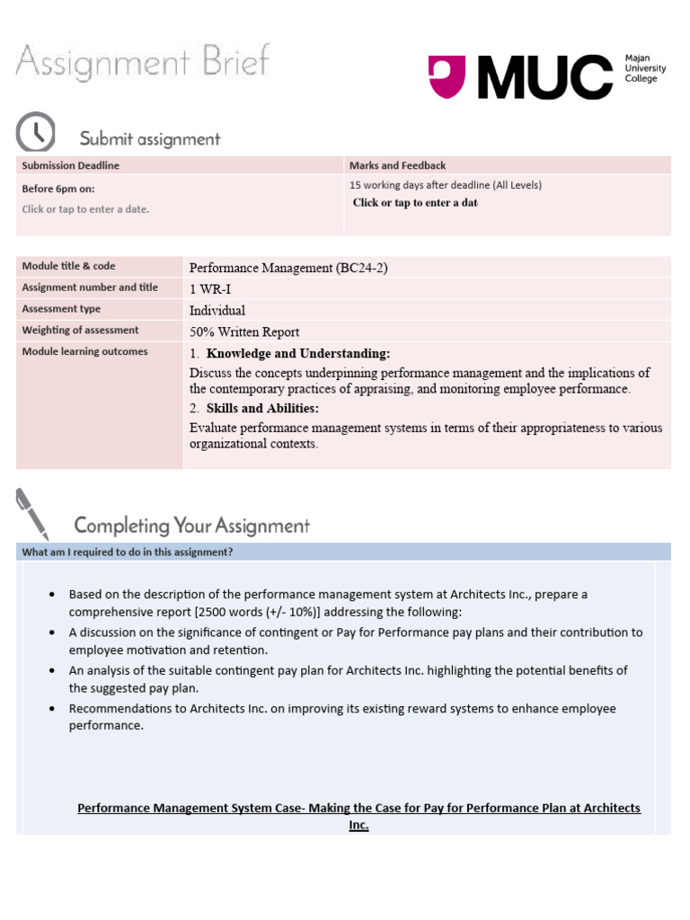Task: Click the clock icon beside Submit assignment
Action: (x=36, y=133)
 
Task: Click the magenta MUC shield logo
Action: (x=447, y=76)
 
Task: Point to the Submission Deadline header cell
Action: (x=70, y=165)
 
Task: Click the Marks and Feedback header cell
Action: (x=397, y=165)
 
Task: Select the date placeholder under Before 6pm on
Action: (x=85, y=209)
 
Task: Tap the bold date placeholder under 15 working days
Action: (x=414, y=203)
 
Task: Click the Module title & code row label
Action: (x=68, y=266)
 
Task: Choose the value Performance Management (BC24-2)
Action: (x=288, y=268)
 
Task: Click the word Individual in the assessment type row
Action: (x=217, y=310)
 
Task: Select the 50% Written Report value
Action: (x=244, y=332)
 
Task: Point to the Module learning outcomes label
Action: (x=84, y=351)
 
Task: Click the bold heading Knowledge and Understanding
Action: (x=298, y=353)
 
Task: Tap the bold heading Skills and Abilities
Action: (x=262, y=408)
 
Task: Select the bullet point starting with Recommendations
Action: (x=342, y=717)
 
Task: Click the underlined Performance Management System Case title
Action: (x=358, y=809)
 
